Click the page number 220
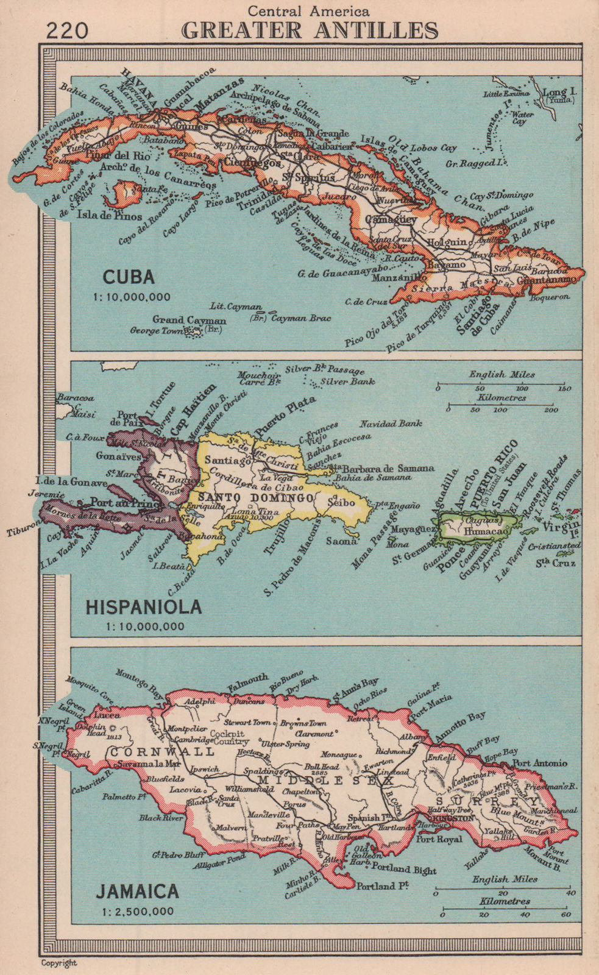click(x=67, y=30)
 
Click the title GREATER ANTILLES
click(x=310, y=30)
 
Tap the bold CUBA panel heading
click(x=129, y=277)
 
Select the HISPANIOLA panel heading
click(x=144, y=607)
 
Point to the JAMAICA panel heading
click(x=138, y=892)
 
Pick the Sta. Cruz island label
click(x=556, y=563)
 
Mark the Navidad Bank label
click(x=391, y=423)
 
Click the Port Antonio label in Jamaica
click(x=541, y=763)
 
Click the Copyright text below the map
click(x=59, y=963)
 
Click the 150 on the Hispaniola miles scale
click(x=564, y=388)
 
